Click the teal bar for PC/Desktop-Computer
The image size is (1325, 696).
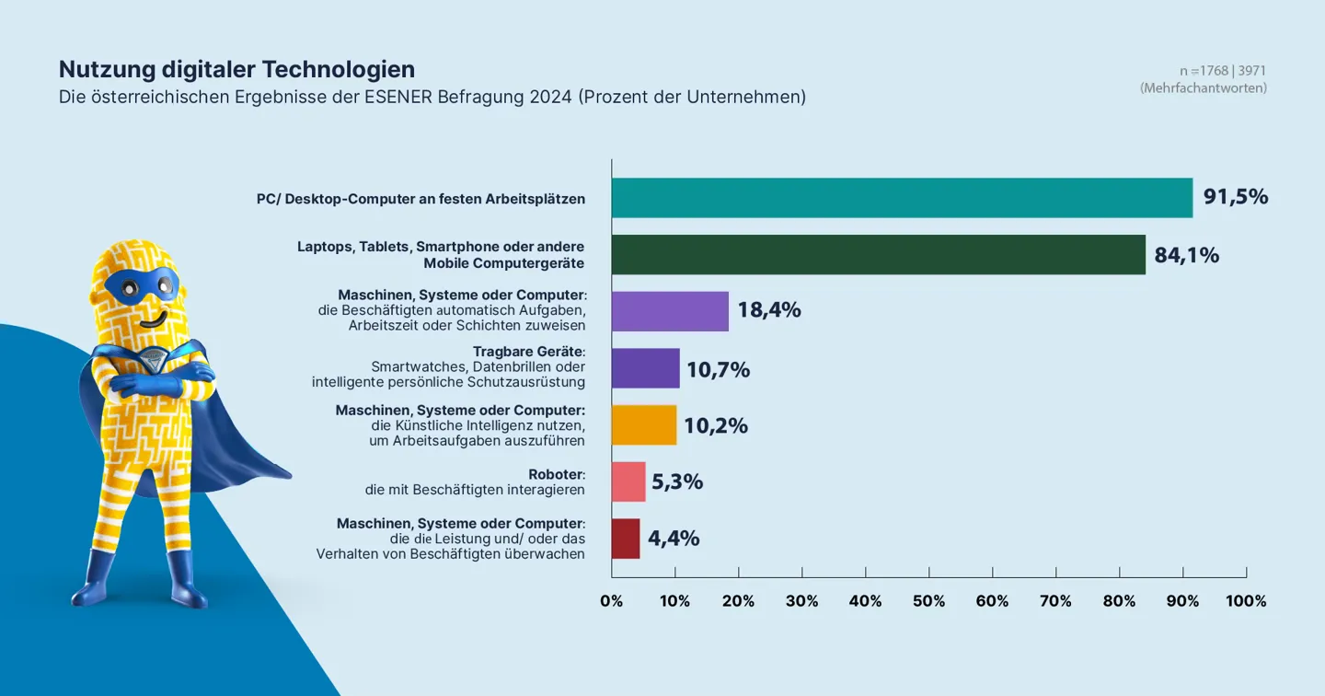pos(902,198)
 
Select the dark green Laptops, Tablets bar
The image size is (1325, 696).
pos(878,255)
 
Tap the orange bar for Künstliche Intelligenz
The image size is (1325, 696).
pos(644,425)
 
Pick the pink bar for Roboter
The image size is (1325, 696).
pos(628,481)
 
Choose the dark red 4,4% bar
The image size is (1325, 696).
pos(626,539)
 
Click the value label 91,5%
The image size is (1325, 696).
pos(1236,197)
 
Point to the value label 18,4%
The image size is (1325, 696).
pos(768,311)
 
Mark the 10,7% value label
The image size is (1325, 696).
pos(718,370)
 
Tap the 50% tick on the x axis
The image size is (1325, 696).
pos(928,601)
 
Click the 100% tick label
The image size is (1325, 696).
pos(1246,601)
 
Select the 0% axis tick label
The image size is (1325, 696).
pos(611,601)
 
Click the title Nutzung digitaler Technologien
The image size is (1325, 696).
pos(236,69)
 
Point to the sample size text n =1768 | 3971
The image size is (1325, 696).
pos(1223,71)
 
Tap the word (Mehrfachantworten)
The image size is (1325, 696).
pos(1203,88)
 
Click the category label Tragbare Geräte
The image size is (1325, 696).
pos(528,352)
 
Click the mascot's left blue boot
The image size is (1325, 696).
pos(92,580)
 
